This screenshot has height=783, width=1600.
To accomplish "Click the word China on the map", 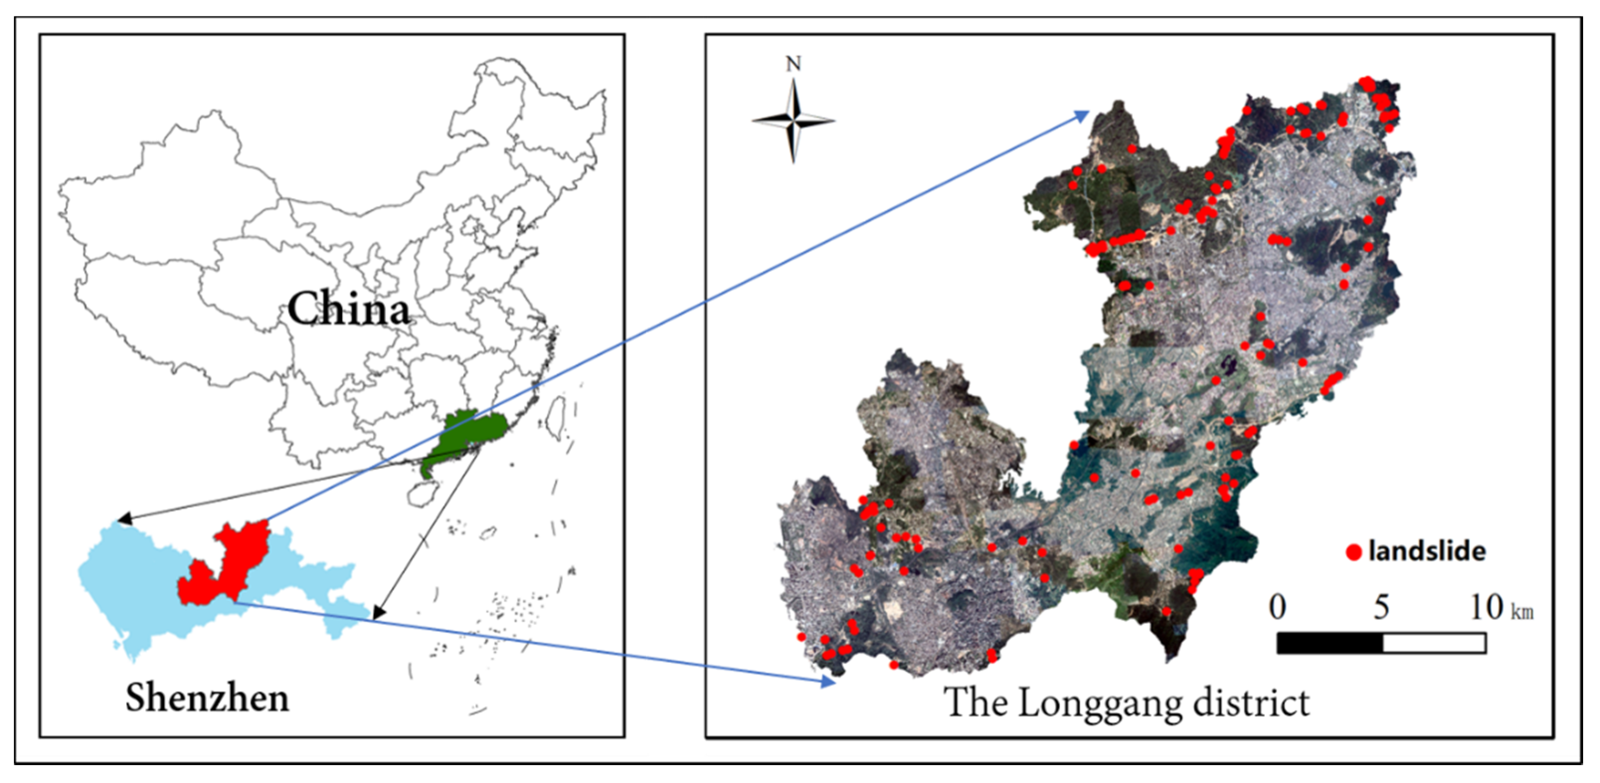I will click(x=348, y=309).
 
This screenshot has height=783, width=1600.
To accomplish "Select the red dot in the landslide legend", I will click(x=1354, y=552).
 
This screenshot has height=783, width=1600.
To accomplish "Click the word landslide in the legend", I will click(x=1427, y=551).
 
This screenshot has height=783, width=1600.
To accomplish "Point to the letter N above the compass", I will click(x=793, y=64).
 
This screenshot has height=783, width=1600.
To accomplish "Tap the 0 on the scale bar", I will click(x=1277, y=607).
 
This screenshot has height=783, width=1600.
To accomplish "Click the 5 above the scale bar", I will click(x=1381, y=607).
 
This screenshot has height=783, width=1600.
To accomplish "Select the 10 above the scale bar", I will click(x=1486, y=607).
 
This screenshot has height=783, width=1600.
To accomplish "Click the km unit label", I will click(x=1522, y=612).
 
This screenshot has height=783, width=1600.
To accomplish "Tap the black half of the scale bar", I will click(x=1329, y=643).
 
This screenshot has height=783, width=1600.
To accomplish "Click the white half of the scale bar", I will click(x=1434, y=643).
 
